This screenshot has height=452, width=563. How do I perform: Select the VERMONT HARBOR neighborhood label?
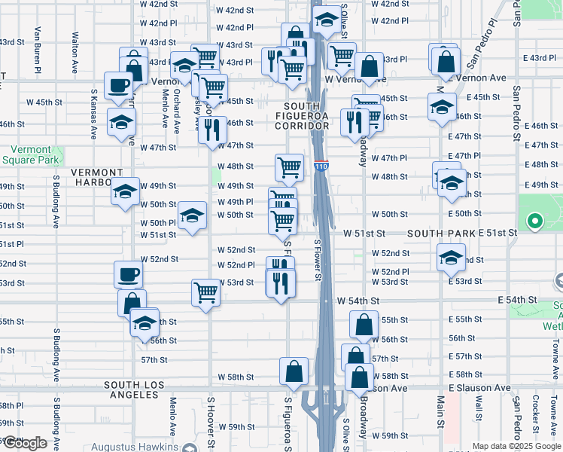point(96,173)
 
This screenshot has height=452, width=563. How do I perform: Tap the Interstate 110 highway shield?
point(321,165)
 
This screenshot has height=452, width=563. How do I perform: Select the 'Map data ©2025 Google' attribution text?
point(516,446)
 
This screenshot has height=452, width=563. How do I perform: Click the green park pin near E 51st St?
point(535,221)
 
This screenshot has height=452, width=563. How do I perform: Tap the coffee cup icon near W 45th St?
point(118,86)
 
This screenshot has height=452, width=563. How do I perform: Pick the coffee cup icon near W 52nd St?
point(128,273)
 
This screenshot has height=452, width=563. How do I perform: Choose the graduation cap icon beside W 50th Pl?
point(193,215)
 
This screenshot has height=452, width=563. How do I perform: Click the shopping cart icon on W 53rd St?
point(205,292)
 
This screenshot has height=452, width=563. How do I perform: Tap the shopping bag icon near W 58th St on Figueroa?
point(294,370)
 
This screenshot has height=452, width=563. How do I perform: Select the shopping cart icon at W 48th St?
point(289,167)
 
